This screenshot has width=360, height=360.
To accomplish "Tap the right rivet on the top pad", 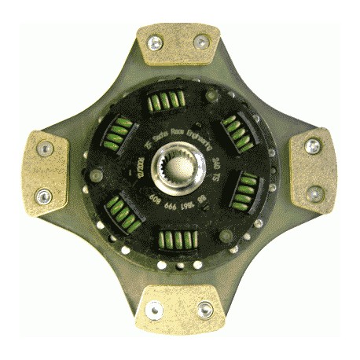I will (x=202, y=42).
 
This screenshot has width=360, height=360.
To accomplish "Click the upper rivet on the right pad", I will (x=313, y=147).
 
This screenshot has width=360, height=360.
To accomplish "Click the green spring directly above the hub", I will (x=167, y=101).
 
